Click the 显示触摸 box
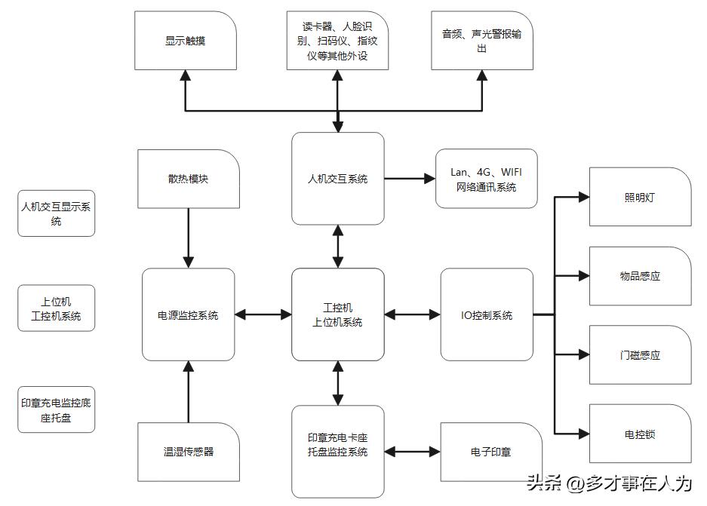[x=186, y=41]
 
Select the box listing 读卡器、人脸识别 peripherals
[x=337, y=41]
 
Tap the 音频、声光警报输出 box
[x=481, y=41]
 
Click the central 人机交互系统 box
[x=338, y=179]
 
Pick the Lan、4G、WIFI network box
[x=486, y=179]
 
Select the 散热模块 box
[x=188, y=179]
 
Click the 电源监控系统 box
[x=188, y=314]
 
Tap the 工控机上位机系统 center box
[x=338, y=314]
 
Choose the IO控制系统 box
[x=487, y=314]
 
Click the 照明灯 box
[x=640, y=198]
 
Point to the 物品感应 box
[x=640, y=276]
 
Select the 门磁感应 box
[x=640, y=355]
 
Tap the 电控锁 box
[x=640, y=434]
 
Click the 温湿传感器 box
[x=188, y=452]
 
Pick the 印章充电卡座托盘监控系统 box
[x=338, y=452]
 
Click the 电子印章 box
[x=490, y=452]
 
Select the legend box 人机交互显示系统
[x=57, y=213]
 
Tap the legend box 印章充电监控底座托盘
[x=57, y=409]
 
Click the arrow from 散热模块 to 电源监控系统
[x=188, y=238]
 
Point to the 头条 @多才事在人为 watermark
[x=609, y=483]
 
